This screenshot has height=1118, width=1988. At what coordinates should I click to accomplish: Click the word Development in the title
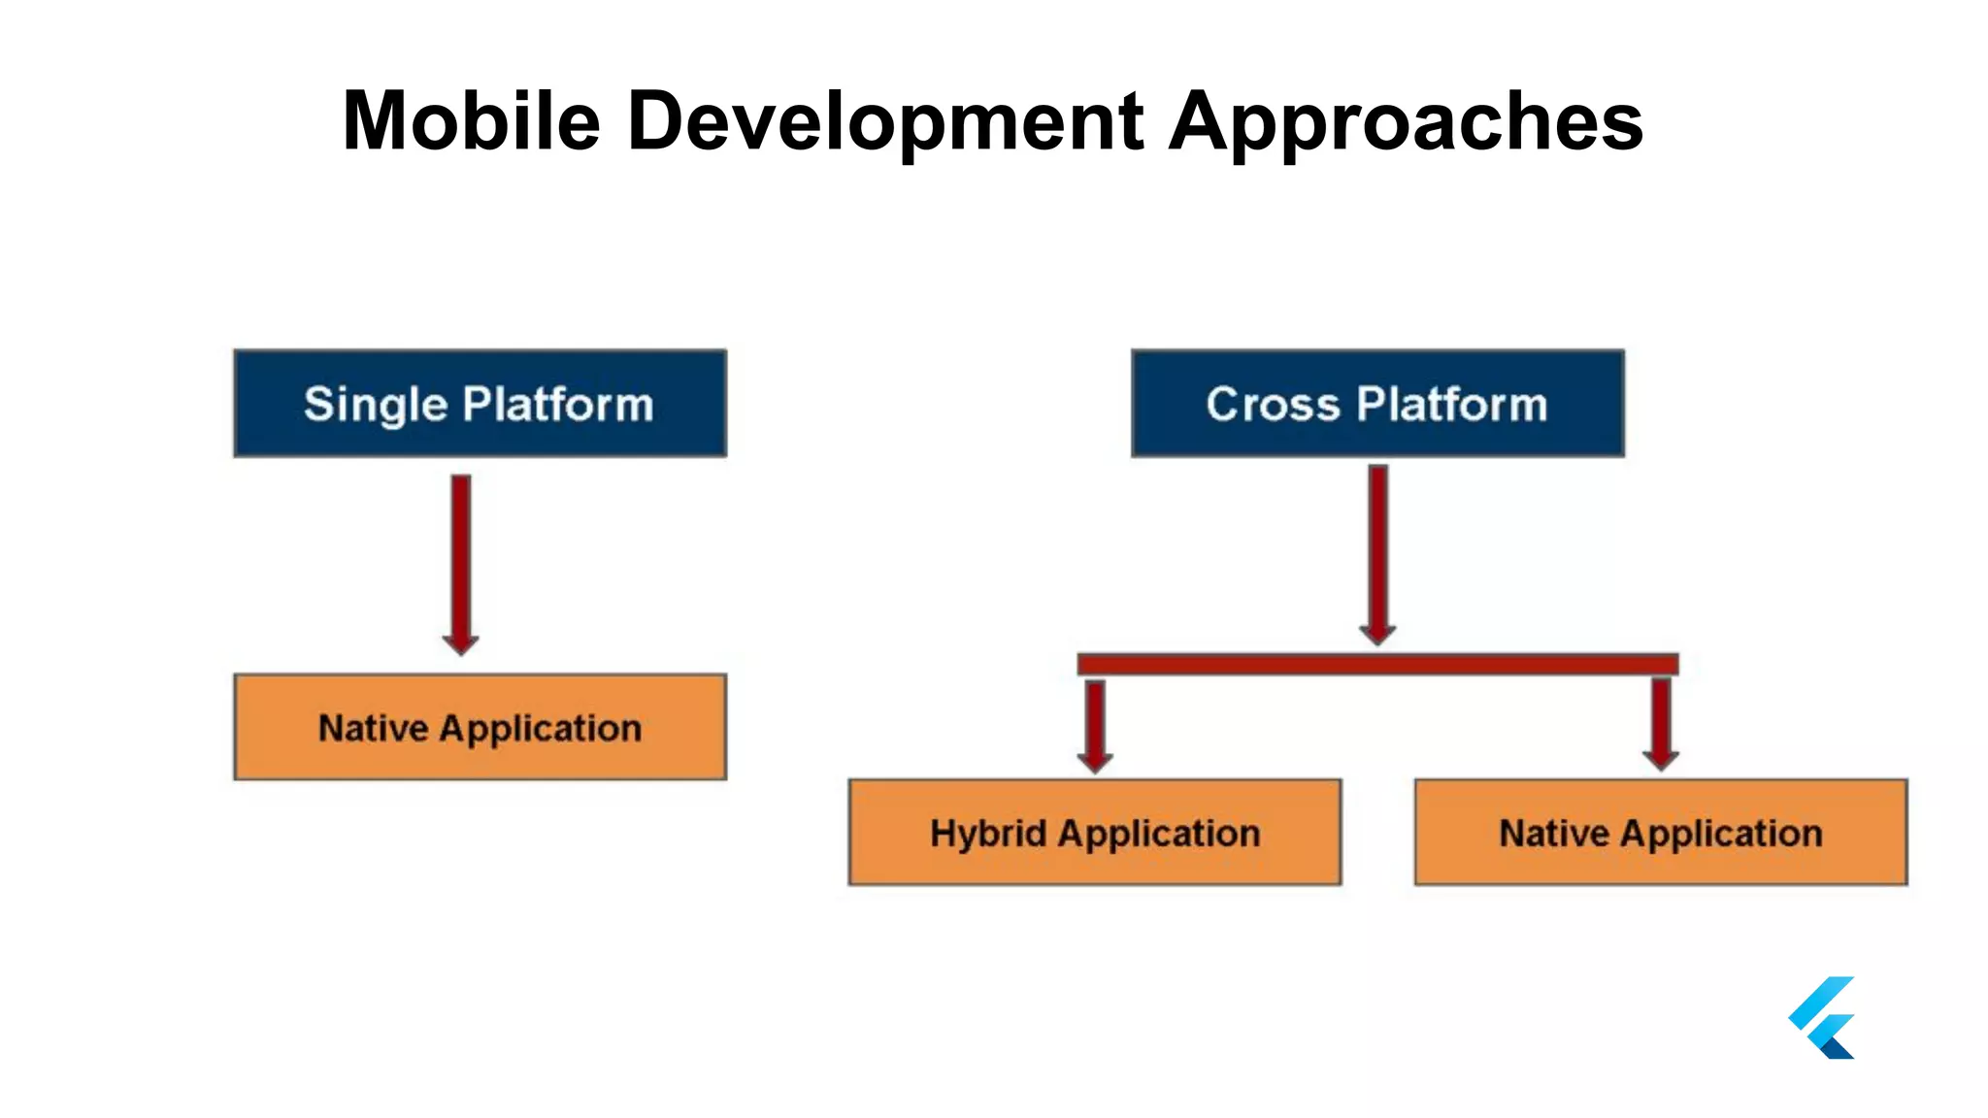885,121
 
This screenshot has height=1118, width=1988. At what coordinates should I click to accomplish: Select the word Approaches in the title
1406,121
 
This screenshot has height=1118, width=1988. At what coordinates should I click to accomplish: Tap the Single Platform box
480,403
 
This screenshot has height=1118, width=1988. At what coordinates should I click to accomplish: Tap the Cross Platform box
1376,403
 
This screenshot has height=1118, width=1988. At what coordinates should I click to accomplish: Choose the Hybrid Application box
1094,832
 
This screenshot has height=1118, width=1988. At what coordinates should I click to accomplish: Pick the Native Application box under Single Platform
480,727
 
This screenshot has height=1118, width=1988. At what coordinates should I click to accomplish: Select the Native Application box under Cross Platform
1660,832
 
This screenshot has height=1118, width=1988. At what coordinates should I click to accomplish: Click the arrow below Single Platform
461,563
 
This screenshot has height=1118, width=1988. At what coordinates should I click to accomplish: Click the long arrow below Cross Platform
1377,553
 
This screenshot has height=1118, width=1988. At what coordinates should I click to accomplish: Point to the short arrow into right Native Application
1661,722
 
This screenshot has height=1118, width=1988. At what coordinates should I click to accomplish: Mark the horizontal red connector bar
1377,665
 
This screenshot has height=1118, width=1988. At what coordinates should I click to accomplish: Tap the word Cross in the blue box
1272,405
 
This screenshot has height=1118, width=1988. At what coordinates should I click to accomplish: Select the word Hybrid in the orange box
987,834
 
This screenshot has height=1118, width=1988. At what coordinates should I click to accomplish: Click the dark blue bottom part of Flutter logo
1837,1049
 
